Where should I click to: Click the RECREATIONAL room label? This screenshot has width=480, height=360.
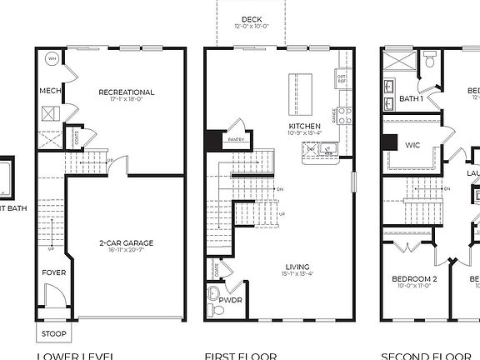127,92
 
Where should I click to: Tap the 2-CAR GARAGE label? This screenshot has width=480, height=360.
126,243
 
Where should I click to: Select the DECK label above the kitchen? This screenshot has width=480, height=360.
250,19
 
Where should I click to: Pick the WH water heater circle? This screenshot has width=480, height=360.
52,60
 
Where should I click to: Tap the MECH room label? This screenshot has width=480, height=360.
47,91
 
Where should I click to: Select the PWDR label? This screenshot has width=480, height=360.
230,298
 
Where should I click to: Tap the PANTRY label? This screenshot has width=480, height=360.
235,139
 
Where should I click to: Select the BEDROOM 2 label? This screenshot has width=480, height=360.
414,278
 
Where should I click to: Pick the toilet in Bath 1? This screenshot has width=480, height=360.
431,59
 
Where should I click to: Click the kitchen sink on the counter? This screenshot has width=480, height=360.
327,149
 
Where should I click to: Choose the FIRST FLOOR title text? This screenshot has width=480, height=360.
252,355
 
